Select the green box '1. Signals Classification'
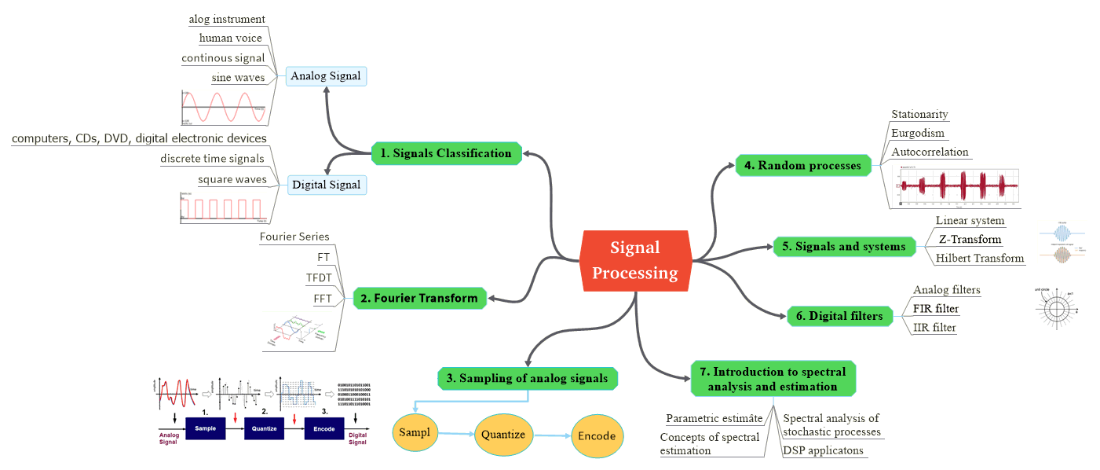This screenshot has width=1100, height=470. tap(445, 153)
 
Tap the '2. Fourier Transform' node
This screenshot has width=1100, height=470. tap(419, 298)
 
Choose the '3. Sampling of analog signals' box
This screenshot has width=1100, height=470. tap(527, 378)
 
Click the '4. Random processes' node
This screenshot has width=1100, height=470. tap(803, 165)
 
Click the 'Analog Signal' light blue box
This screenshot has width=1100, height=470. tap(326, 76)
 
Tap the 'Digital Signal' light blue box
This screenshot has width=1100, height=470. tap(326, 185)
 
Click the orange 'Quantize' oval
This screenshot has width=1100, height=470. tap(503, 434)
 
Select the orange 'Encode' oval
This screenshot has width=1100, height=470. tap(597, 436)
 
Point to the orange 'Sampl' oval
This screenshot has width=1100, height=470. tap(414, 433)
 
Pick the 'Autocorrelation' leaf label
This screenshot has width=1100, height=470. tap(930, 152)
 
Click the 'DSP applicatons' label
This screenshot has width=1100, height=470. tap(823, 450)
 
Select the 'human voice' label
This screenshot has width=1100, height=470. tap(230, 38)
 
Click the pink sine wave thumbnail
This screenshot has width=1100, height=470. tap(224, 107)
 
